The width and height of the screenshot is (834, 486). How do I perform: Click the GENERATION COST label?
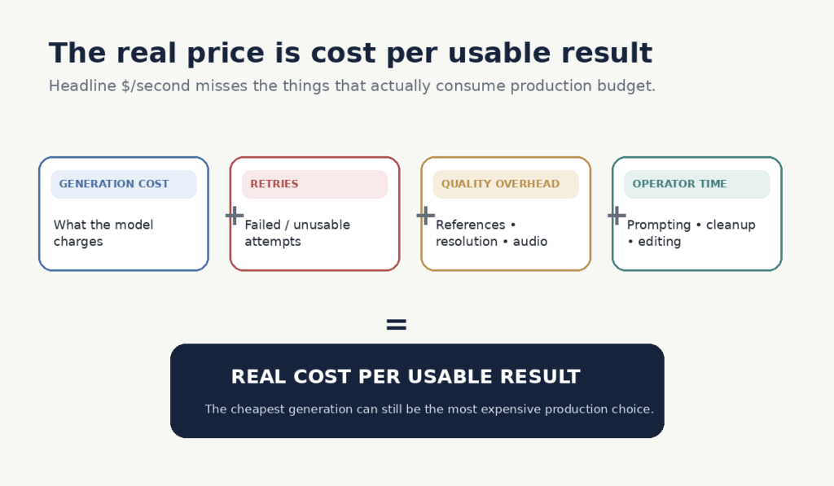pyautogui.click(x=114, y=184)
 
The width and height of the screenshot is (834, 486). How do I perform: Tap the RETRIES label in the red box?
pyautogui.click(x=274, y=184)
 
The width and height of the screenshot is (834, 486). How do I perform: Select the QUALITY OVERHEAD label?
pyautogui.click(x=501, y=184)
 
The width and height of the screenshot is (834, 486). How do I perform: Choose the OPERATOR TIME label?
pyautogui.click(x=679, y=184)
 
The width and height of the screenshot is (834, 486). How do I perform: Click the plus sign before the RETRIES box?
pyautogui.click(x=235, y=216)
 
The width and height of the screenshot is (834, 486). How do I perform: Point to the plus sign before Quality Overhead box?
pyautogui.click(x=425, y=216)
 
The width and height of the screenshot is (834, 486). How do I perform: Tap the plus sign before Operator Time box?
pyautogui.click(x=617, y=216)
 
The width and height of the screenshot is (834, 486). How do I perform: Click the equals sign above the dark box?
pyautogui.click(x=397, y=324)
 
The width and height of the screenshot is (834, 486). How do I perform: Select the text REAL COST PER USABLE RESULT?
pyautogui.click(x=406, y=376)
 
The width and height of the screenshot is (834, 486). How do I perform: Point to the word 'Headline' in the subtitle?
pyautogui.click(x=82, y=85)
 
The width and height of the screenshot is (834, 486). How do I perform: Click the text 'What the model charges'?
pyautogui.click(x=103, y=233)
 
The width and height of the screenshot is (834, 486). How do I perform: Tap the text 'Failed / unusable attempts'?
pyautogui.click(x=297, y=233)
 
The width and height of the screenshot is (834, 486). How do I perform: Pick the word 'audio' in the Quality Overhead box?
pyautogui.click(x=529, y=242)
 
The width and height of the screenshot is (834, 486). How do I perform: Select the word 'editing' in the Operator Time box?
pyautogui.click(x=659, y=242)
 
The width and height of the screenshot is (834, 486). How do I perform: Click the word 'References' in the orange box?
pyautogui.click(x=470, y=225)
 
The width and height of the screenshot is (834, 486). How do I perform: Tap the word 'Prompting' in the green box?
pyautogui.click(x=658, y=225)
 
